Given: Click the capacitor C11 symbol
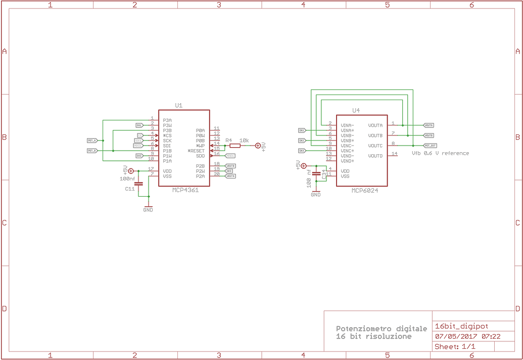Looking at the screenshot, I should pos(139,184).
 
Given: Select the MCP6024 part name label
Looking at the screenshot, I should pos(365,191).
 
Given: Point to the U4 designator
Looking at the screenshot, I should pos(356,110).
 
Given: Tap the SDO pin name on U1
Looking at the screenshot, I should pos(201,156).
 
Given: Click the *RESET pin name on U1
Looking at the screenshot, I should pos(197,151).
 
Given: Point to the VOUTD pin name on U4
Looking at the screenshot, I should pos(375,156).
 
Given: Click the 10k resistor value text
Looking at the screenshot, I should pos(244,140).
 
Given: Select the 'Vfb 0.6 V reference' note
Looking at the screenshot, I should pos(440,153).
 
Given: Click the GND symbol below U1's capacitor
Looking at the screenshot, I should pos(148,207).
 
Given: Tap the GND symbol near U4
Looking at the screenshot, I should pos(316,193).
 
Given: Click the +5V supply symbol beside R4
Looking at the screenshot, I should pos(258,146).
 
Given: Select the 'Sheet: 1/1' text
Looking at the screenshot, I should pos(455,346).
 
